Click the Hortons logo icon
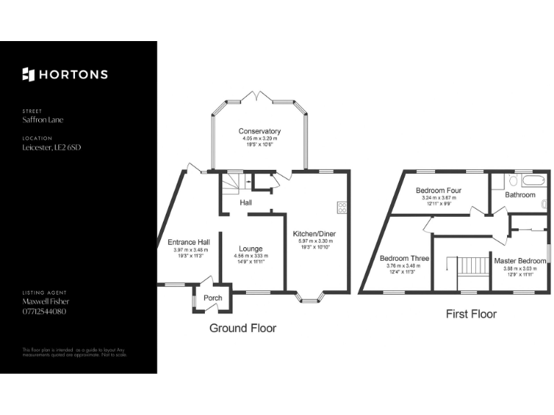[29, 74]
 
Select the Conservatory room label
[260, 131]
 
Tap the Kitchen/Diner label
[314, 233]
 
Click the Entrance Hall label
[188, 241]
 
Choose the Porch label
[213, 298]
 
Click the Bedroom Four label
[439, 191]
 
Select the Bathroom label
[520, 195]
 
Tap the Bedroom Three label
[404, 258]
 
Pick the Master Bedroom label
[520, 261]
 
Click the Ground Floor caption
[242, 328]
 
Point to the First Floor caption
[472, 314]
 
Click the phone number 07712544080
[45, 311]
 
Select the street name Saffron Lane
[43, 120]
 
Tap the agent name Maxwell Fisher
[45, 301]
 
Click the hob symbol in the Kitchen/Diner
[342, 207]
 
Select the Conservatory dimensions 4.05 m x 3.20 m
[260, 138]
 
